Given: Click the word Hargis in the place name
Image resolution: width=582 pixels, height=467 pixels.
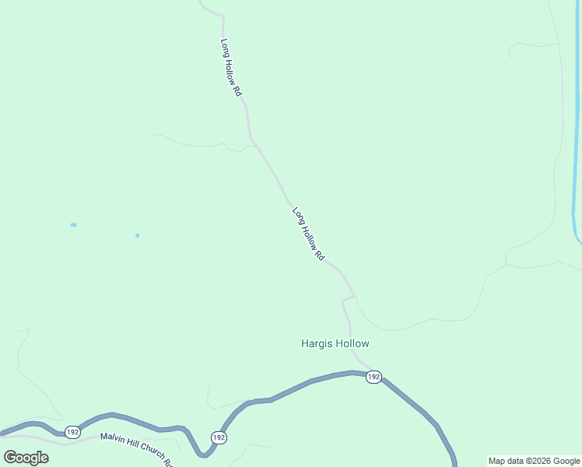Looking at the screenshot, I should tap(316, 343).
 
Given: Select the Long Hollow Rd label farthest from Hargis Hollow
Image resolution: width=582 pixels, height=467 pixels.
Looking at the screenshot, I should tap(231, 68).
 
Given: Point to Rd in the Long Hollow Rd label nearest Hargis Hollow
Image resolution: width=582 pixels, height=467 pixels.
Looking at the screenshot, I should tap(320, 255).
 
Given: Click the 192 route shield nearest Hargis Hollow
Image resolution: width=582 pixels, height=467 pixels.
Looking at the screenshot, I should tap(373, 377).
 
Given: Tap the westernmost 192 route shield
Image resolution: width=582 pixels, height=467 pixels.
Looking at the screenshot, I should tap(72, 431).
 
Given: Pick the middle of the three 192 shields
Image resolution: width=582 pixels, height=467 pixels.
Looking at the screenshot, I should tap(219, 438).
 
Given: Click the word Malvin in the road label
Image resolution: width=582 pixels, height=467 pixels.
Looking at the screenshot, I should tap(114, 437).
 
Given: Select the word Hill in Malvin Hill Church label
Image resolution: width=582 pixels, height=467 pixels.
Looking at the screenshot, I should tap(135, 443).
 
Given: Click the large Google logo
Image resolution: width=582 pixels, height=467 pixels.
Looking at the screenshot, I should tap(26, 458).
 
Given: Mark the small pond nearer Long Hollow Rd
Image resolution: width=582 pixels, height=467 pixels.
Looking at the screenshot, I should tap(137, 235).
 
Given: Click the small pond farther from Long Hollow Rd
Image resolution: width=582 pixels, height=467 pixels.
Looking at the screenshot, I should tap(73, 225).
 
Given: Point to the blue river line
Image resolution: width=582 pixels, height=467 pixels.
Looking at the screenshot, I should tap(575, 156).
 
